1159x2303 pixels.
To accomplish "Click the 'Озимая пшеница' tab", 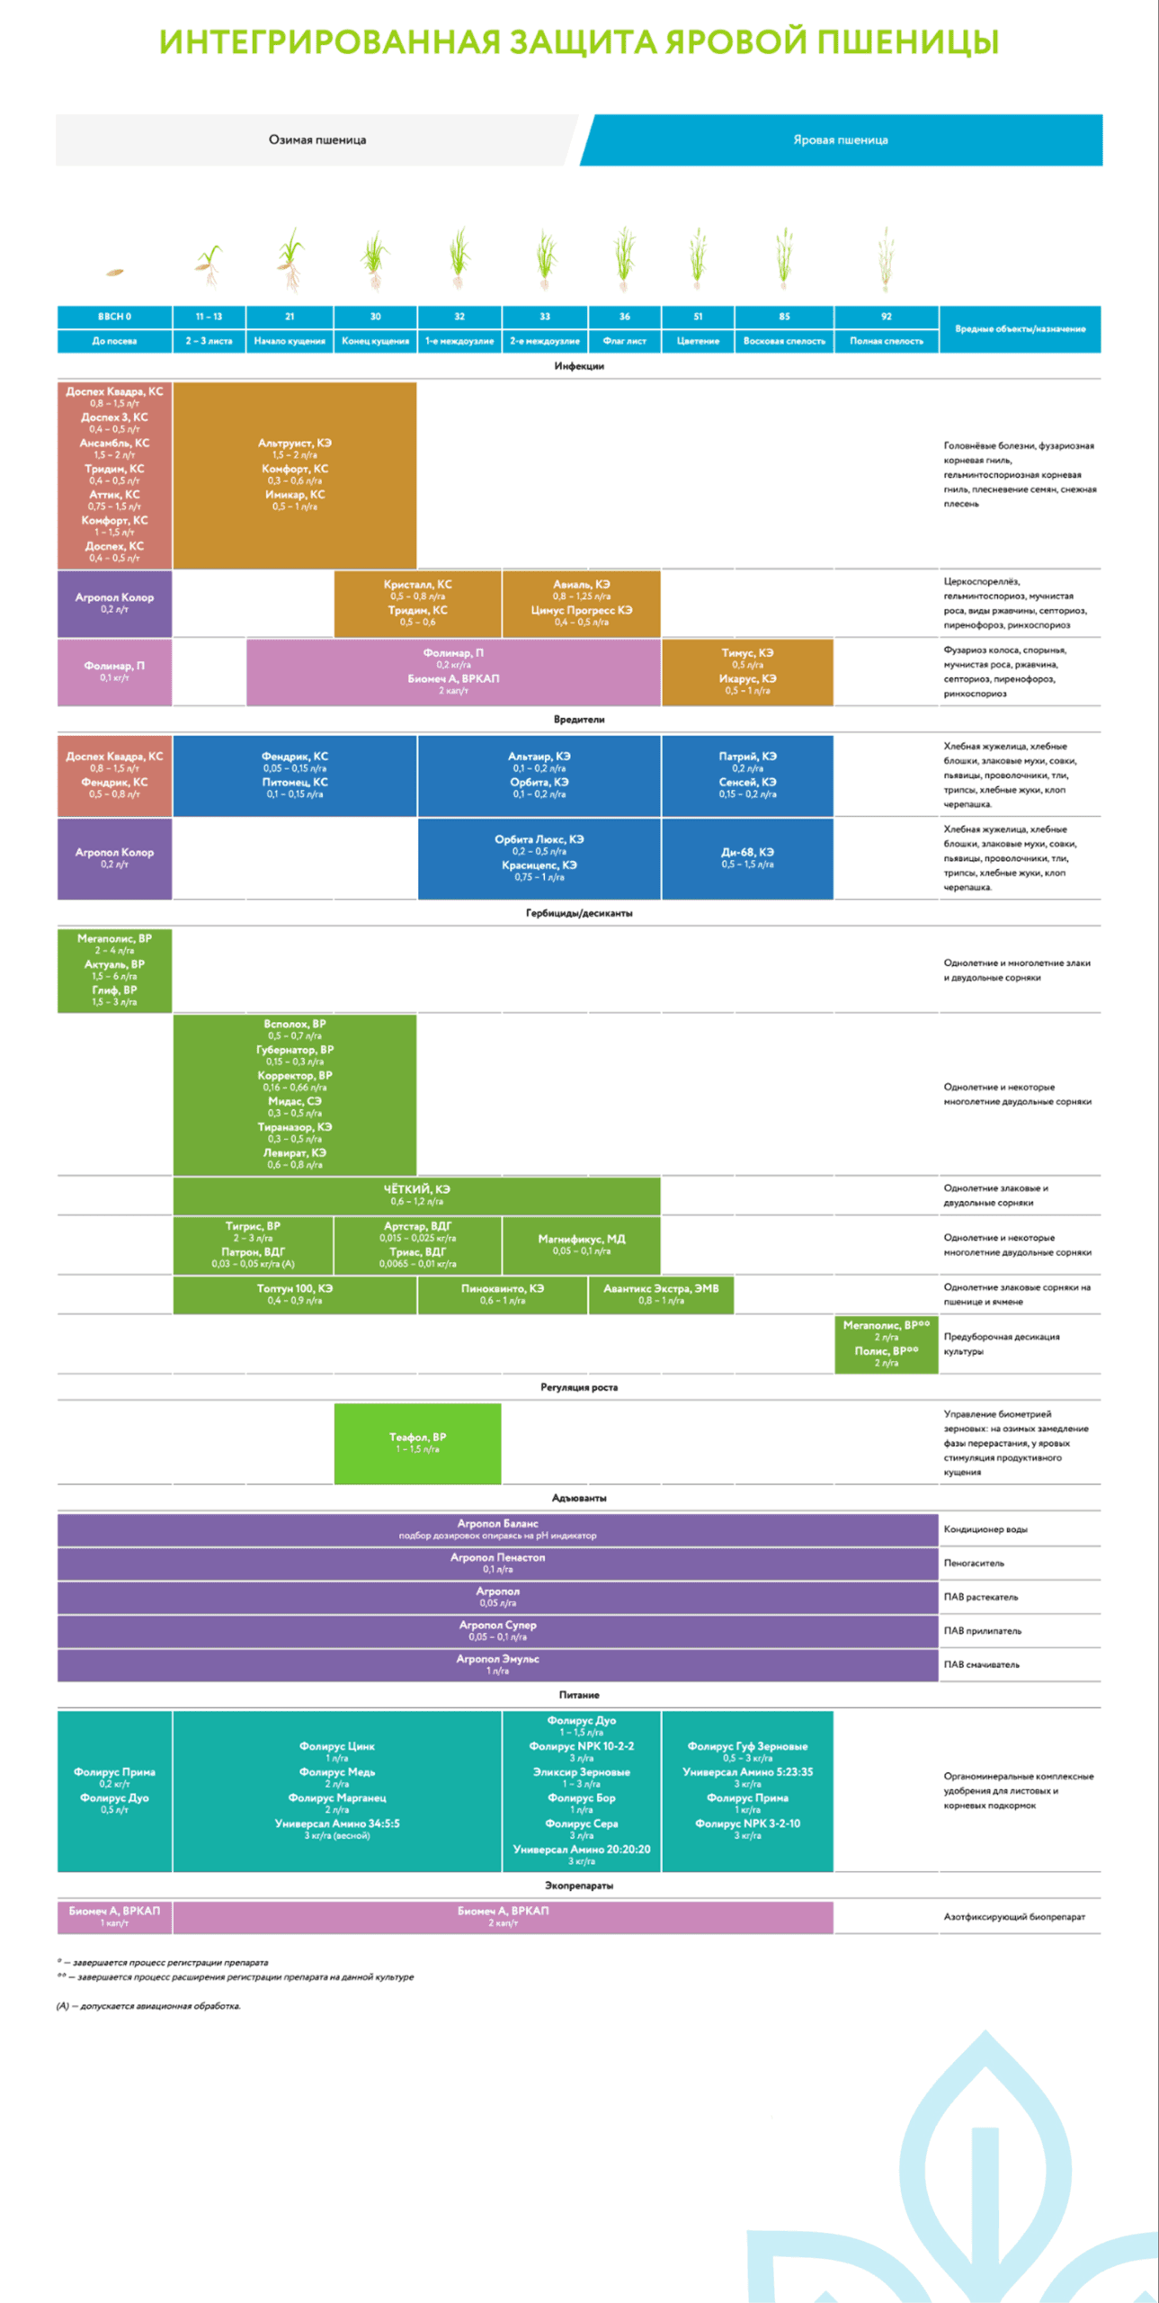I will pos(316,140).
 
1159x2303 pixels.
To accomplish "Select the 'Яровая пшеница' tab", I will pos(840,140).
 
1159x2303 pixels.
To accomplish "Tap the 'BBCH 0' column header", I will pos(114,317).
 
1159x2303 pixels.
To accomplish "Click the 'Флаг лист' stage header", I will pos(624,341).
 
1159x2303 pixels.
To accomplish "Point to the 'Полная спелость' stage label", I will pos(886,341).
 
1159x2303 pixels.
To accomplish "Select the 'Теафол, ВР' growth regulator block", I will pos(417,1443).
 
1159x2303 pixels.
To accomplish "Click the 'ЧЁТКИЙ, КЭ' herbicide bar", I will pos(416,1195).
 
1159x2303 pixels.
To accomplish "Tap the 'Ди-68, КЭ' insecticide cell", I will pos(746,858).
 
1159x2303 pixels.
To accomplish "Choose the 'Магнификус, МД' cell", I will pos(581,1244).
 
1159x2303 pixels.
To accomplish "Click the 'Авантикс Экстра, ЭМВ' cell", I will pos(661,1294).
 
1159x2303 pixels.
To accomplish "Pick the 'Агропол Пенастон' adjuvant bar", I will pos(497,1563).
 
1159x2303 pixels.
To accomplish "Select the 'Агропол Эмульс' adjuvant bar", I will pos(497,1664).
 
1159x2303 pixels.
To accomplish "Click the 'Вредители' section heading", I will pos(579,720).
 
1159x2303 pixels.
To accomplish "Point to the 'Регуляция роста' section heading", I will pos(579,1387).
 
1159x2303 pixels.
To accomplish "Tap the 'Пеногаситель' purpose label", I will pos(974,1564).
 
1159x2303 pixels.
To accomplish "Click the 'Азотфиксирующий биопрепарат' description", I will pos(1013,1917).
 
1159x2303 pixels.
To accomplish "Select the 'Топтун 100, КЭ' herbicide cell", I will pos(294,1294).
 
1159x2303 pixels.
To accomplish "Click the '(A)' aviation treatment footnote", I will pos(148,2005).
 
